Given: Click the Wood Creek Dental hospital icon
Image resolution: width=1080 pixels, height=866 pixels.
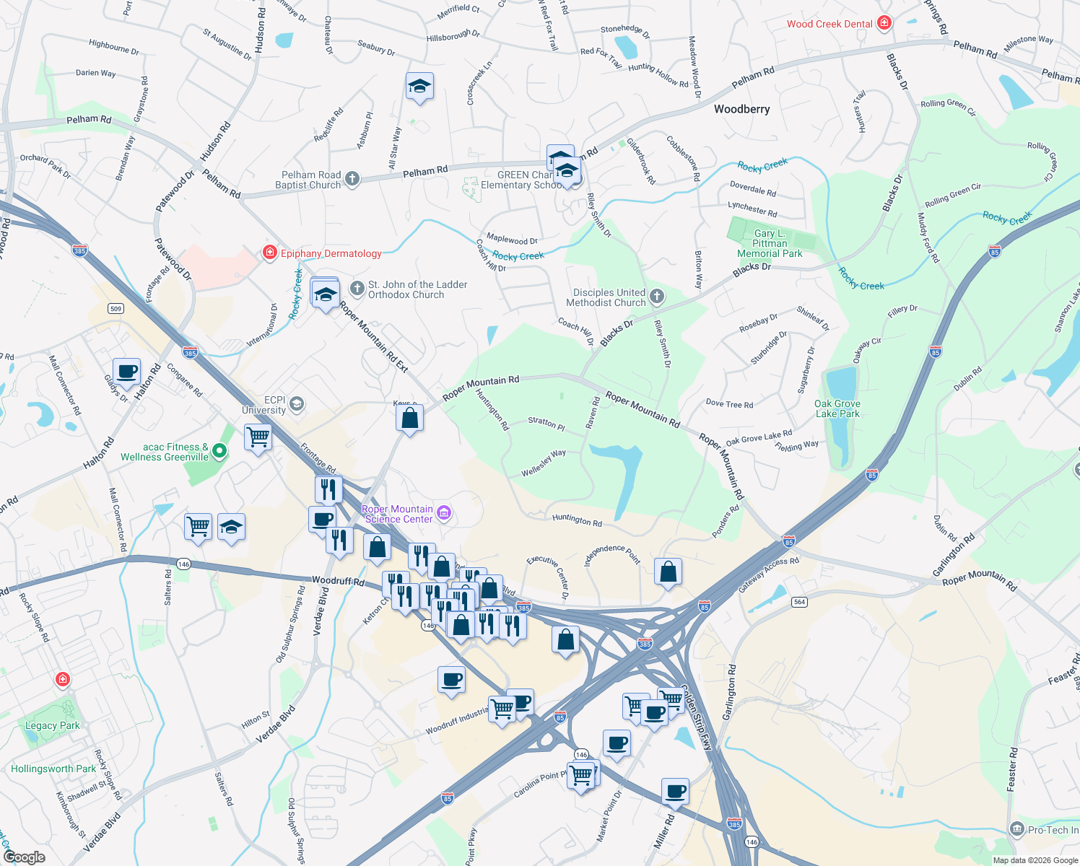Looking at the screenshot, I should [884, 24].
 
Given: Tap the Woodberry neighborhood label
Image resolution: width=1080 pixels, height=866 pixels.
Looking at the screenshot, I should [741, 109].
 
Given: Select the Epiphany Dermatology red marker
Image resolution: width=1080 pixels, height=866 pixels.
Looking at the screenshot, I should [269, 253].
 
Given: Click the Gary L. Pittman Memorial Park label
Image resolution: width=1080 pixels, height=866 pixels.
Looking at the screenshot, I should [770, 243].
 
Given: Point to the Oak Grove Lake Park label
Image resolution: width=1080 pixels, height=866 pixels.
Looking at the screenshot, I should [837, 409].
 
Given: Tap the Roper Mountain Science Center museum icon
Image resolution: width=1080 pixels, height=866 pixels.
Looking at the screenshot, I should [444, 513].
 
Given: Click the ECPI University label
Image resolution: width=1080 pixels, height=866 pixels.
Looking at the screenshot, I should [264, 405].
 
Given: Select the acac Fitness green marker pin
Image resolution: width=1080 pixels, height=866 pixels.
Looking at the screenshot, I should [219, 452].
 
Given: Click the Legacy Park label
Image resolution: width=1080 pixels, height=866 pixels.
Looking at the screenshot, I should [52, 725].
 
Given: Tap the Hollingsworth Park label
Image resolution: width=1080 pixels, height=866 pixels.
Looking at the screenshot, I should [53, 769].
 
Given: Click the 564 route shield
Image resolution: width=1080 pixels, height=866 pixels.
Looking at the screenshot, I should [799, 602].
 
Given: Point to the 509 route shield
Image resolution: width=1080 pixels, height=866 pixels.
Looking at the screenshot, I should [116, 309].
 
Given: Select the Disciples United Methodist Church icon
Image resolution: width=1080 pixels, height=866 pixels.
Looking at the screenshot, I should [656, 296].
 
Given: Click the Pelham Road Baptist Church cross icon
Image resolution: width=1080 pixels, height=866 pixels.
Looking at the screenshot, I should [352, 178].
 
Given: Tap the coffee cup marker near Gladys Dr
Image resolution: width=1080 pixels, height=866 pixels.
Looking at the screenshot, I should [127, 372].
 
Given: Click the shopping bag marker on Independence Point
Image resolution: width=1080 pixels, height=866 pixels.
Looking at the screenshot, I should [668, 571].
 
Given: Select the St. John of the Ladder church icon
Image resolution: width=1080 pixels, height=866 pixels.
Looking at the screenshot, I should [357, 289].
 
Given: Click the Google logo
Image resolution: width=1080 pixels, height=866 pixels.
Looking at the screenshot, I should [25, 857].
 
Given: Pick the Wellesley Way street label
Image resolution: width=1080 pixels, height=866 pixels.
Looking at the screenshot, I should [544, 463].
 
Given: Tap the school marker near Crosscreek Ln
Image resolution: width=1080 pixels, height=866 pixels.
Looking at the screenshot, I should [419, 87].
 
